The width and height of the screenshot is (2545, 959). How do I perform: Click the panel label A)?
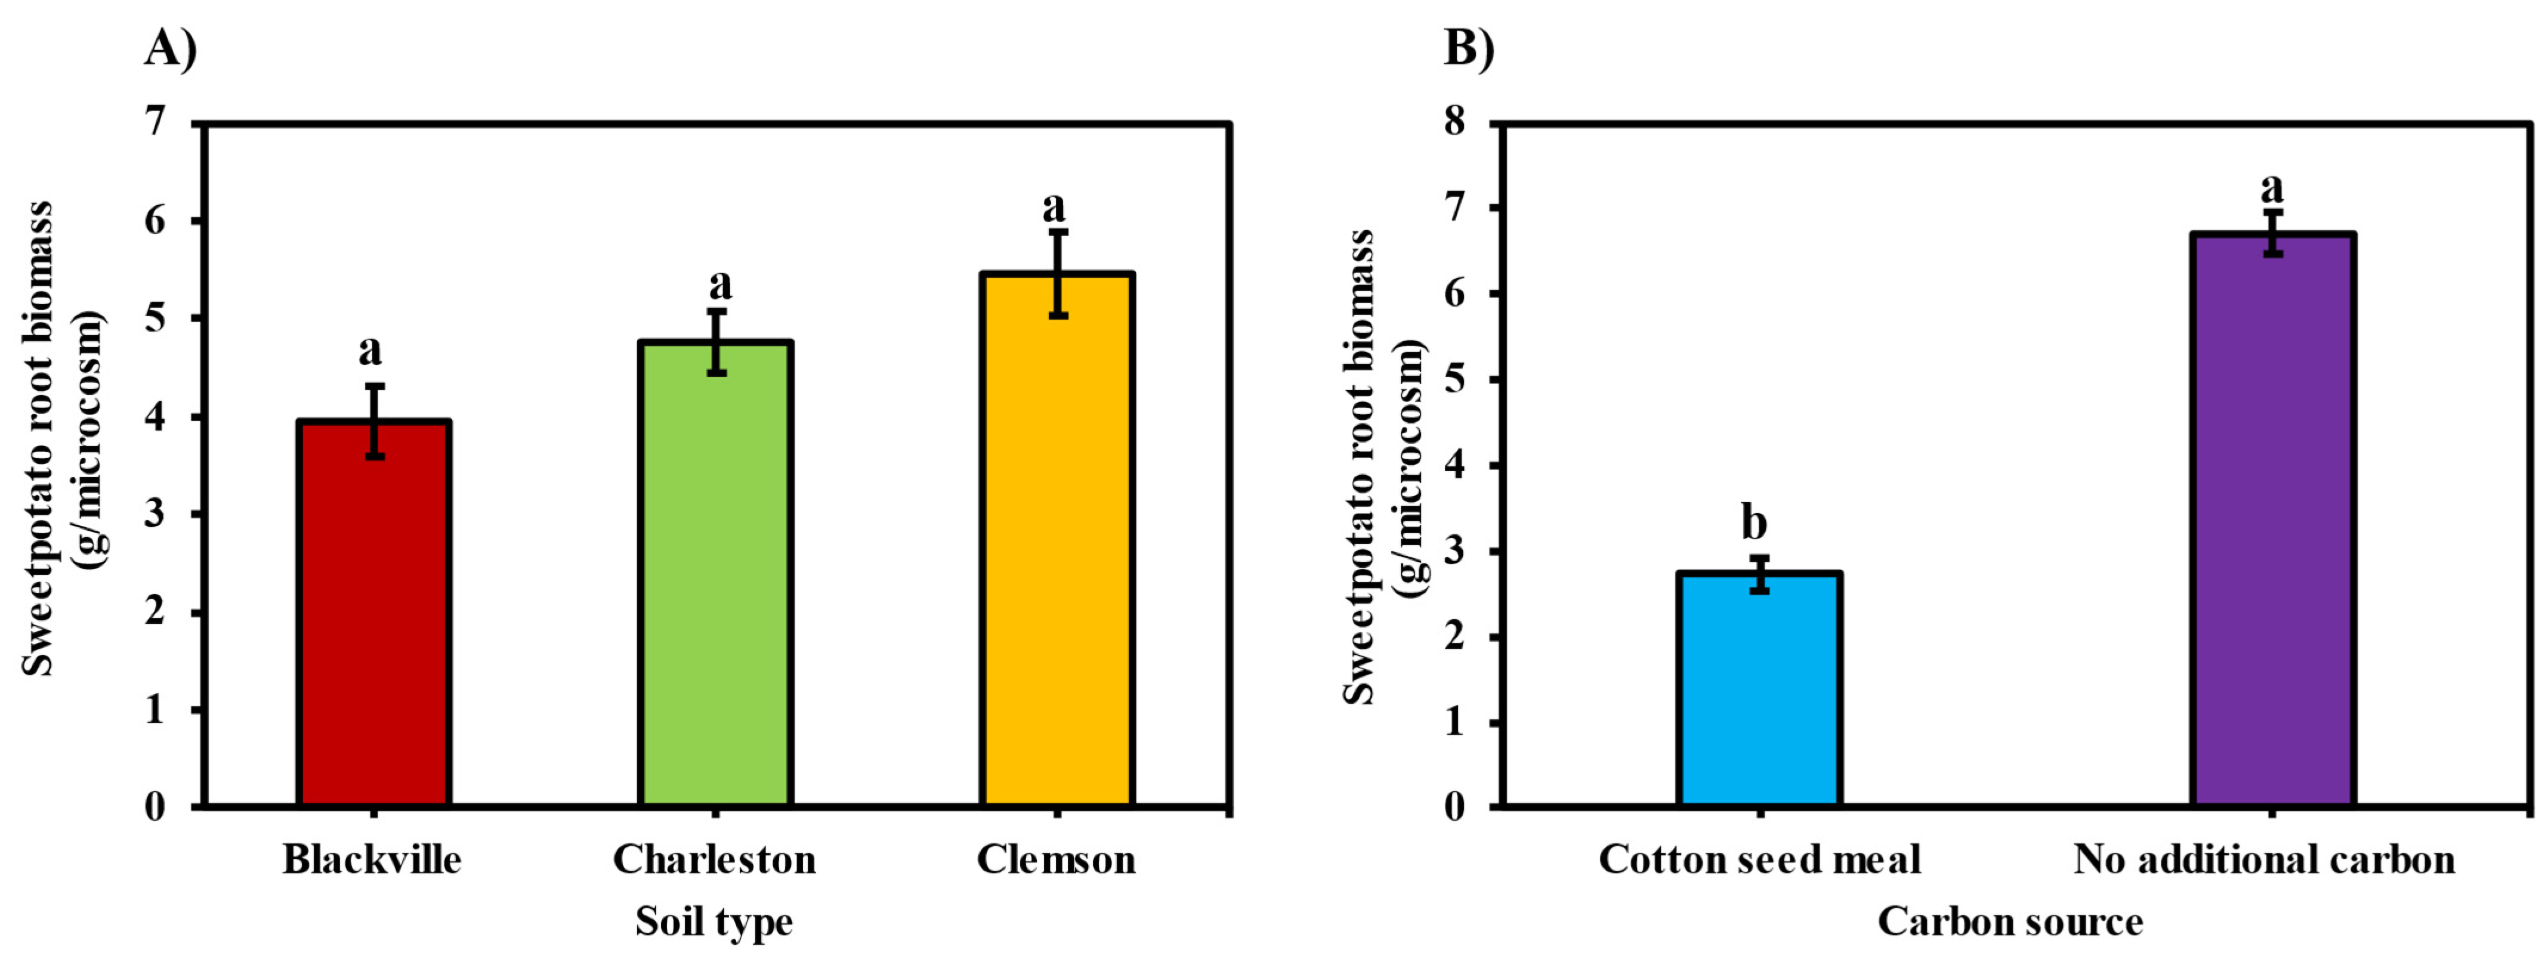coord(170,47)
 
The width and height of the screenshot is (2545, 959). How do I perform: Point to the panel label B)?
coord(1469,47)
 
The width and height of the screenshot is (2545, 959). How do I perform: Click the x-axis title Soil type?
coord(714,921)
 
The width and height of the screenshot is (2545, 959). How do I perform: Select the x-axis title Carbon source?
coord(2010,921)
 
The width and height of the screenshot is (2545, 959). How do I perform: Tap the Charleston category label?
coord(714,859)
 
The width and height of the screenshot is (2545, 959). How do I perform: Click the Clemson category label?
coord(1056,859)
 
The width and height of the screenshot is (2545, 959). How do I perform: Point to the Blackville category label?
coord(372,859)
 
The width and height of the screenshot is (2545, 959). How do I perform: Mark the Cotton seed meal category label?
coord(1759,859)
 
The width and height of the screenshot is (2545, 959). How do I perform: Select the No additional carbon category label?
coord(2265,859)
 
